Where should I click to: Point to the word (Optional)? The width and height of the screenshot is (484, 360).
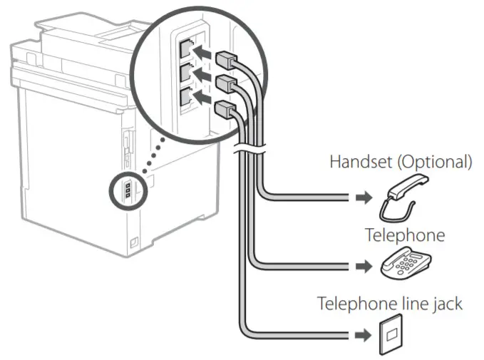(438, 162)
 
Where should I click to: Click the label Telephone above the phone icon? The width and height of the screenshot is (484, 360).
(404, 235)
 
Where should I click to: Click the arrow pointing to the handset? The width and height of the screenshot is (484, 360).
(364, 197)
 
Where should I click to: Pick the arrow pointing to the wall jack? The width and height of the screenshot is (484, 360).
(364, 334)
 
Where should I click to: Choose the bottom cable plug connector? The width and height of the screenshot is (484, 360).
(223, 109)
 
